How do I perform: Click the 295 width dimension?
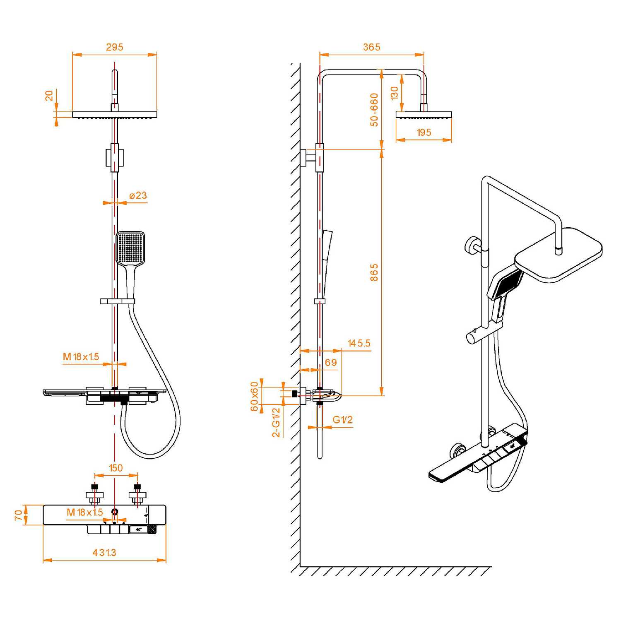(x=115, y=47)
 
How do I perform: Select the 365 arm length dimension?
(x=372, y=47)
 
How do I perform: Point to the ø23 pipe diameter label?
(x=138, y=195)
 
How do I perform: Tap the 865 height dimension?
(x=374, y=272)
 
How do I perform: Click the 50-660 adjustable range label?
(x=374, y=110)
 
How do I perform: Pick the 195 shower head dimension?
(x=424, y=132)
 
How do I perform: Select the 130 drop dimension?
(x=395, y=93)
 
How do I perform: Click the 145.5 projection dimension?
(x=359, y=343)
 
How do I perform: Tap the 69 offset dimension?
(x=331, y=363)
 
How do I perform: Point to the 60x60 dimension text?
(x=255, y=396)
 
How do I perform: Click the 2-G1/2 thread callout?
(x=276, y=422)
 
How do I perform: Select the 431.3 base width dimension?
(x=104, y=553)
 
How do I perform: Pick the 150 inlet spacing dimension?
(x=116, y=468)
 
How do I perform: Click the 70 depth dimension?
(x=19, y=515)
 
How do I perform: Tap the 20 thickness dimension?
(x=49, y=96)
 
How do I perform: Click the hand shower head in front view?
(x=130, y=248)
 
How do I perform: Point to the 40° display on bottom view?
(x=138, y=529)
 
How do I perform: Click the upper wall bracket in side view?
(x=311, y=157)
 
